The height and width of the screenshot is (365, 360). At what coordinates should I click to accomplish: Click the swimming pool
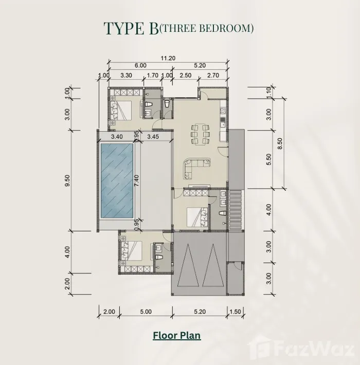point(117,180)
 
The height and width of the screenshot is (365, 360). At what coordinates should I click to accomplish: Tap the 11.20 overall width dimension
point(168,58)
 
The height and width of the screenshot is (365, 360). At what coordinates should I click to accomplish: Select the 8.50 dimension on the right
point(280,143)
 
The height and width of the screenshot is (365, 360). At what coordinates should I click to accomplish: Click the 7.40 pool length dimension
point(136,180)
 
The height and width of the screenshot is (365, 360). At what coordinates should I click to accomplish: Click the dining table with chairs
point(200,134)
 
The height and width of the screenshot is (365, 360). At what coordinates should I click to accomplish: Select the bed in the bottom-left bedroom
point(131,251)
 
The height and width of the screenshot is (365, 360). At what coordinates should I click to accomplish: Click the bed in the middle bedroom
point(197,217)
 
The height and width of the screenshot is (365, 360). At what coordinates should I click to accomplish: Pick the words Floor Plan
point(177,336)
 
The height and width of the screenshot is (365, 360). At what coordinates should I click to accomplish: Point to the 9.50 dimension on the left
point(67,180)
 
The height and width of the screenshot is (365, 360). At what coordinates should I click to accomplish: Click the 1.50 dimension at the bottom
point(235,312)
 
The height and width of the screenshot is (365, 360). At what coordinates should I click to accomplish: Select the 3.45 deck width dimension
point(153,137)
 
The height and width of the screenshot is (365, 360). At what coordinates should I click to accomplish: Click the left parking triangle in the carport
point(188,265)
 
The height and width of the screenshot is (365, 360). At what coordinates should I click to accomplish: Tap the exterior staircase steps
point(236,210)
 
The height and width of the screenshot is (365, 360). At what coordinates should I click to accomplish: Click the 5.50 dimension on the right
point(269,159)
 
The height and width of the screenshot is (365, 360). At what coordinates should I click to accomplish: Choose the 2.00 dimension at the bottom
point(109,312)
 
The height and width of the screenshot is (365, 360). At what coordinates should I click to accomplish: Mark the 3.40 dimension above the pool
point(117,137)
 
